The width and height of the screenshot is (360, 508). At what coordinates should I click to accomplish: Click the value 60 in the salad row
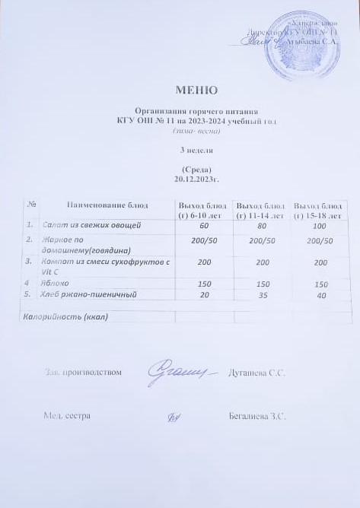(204, 226)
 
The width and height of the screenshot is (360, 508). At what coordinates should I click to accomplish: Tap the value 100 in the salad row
(319, 227)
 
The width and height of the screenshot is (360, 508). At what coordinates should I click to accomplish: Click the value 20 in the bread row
(204, 294)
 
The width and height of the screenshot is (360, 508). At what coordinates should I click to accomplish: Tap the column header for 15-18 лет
(319, 210)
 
